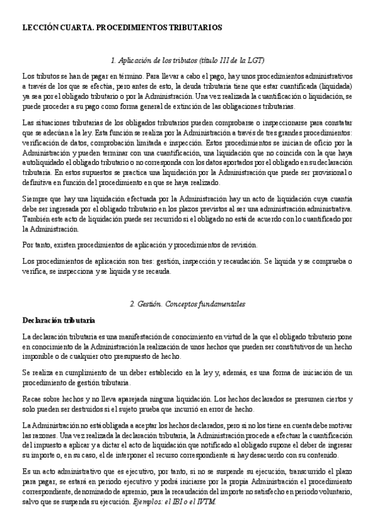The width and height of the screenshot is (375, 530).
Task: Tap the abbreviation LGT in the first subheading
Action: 256,60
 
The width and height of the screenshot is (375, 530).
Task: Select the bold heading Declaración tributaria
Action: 58,320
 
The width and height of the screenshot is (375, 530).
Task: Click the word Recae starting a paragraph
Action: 33,399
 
